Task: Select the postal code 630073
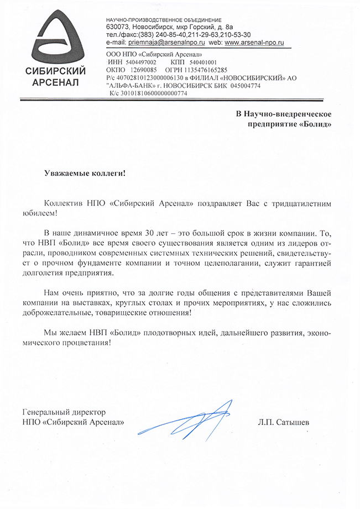tap(117, 27)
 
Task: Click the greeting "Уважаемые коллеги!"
tap(85, 173)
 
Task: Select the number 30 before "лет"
tap(135, 235)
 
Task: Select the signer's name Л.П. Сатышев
tap(284, 423)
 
